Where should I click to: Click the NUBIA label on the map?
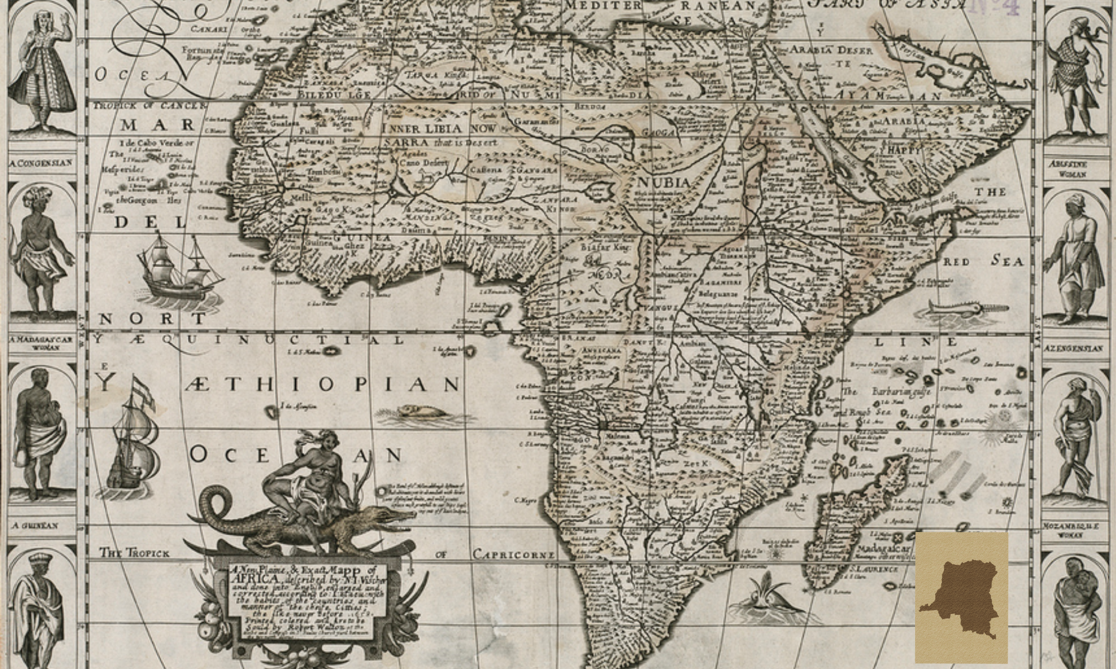point(664,182)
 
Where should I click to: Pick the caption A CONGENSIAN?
point(41,163)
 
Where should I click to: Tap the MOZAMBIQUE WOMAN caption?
point(1070,530)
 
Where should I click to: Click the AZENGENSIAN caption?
point(1073,348)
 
